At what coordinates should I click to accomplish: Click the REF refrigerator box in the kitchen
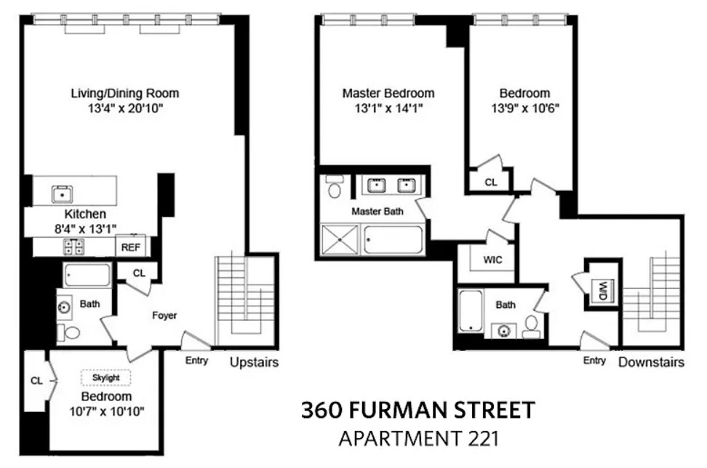[x=131, y=247]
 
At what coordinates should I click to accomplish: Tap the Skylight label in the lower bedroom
[x=106, y=378]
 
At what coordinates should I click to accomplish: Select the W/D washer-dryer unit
[x=602, y=291]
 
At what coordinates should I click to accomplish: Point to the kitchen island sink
[x=63, y=194]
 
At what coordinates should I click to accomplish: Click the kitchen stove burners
[x=73, y=247]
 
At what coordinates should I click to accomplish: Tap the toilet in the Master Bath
[x=335, y=187]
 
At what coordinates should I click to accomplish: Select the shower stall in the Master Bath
[x=341, y=239]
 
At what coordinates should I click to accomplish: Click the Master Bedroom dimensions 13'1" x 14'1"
[x=388, y=109]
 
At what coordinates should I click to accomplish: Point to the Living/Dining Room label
[x=124, y=93]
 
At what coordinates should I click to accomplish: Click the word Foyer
[x=164, y=315]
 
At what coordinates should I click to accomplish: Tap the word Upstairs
[x=254, y=362]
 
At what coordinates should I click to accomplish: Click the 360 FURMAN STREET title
[x=418, y=411]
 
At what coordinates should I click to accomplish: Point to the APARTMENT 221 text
[x=418, y=439]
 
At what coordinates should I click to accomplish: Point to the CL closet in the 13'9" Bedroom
[x=491, y=182]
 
